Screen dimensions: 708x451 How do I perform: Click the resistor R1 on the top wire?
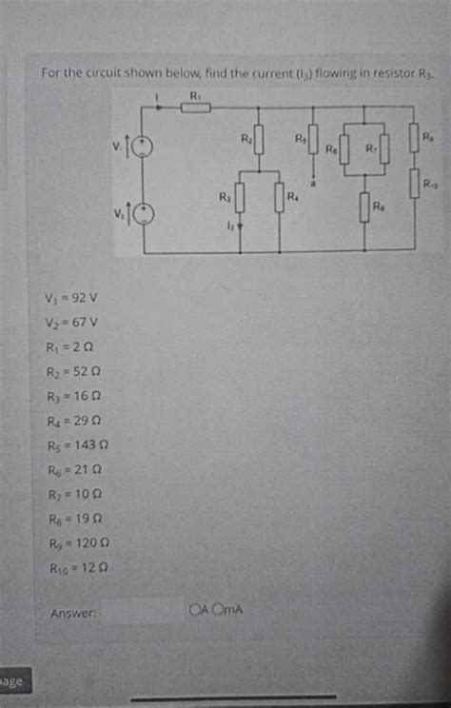(x=195, y=107)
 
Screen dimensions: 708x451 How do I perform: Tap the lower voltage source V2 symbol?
(x=145, y=214)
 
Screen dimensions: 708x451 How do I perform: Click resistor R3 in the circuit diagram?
(x=240, y=200)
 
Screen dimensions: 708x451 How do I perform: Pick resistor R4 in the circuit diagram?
(x=279, y=200)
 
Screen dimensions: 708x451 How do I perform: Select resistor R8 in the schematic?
(x=364, y=206)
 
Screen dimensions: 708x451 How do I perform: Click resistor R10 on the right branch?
(x=415, y=183)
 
